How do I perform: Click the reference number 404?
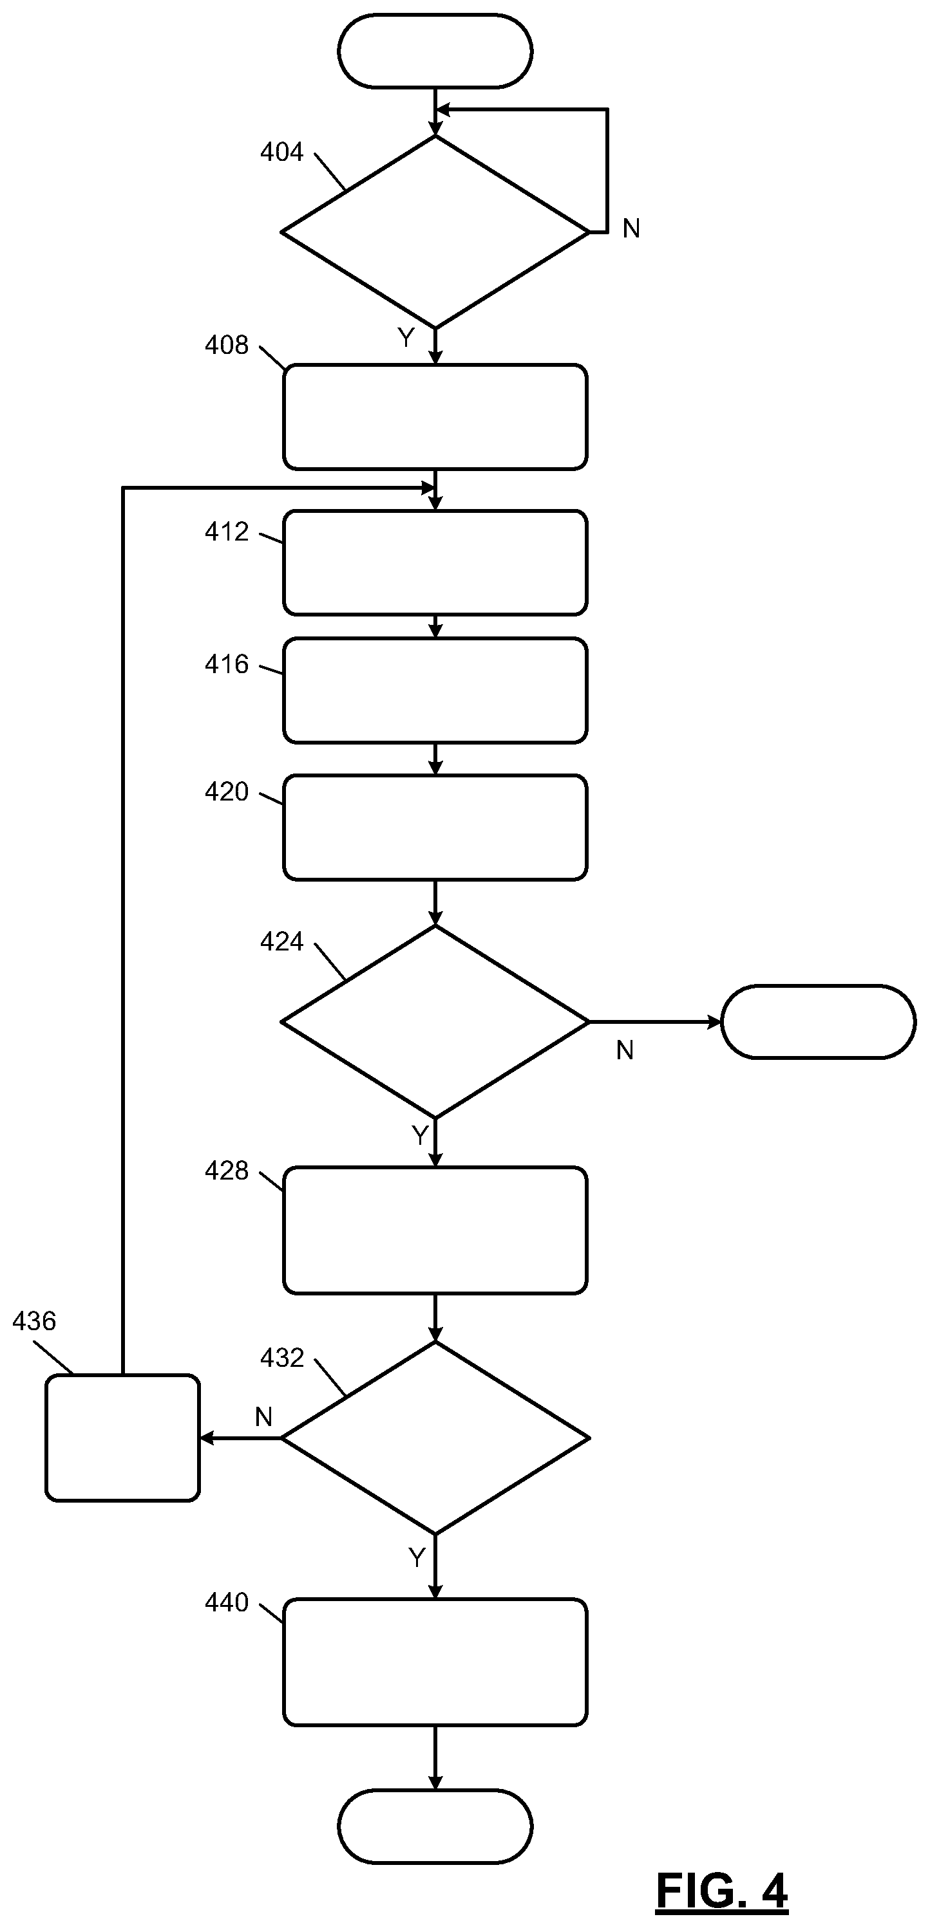pyautogui.click(x=281, y=152)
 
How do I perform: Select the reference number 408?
pyautogui.click(x=226, y=345)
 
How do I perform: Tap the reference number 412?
pyautogui.click(x=226, y=532)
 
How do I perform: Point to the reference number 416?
pyautogui.click(x=226, y=665)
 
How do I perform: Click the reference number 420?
pyautogui.click(x=226, y=792)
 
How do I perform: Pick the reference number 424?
pyautogui.click(x=281, y=941)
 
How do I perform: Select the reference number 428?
pyautogui.click(x=226, y=1171)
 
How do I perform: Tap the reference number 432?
pyautogui.click(x=281, y=1358)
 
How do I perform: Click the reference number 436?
pyautogui.click(x=33, y=1322)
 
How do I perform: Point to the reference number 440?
pyautogui.click(x=226, y=1603)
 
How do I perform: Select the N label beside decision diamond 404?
pyautogui.click(x=631, y=229)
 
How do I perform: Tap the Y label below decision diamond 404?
pyautogui.click(x=406, y=339)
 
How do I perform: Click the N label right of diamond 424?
pyautogui.click(x=625, y=1051)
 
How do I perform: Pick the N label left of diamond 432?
pyautogui.click(x=263, y=1418)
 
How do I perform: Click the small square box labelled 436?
pyautogui.click(x=123, y=1438)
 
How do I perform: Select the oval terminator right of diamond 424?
pyautogui.click(x=819, y=1023)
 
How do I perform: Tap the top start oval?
pyautogui.click(x=435, y=51)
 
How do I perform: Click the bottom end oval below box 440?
pyautogui.click(x=435, y=1827)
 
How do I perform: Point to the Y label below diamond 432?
pyautogui.click(x=417, y=1558)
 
